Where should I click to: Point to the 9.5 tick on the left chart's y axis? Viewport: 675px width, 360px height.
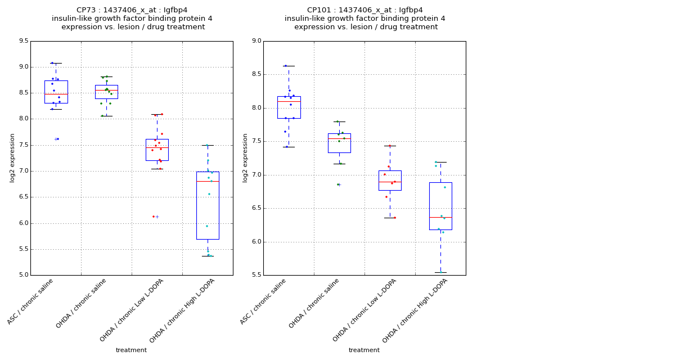tap(24, 41)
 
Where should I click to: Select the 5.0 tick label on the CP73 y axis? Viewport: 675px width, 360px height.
tap(24, 275)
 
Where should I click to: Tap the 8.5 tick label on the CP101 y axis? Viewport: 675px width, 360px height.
tap(256, 74)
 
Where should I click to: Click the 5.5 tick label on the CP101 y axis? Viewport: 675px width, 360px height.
tap(256, 275)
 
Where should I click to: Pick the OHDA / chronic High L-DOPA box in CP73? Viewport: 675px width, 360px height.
tap(208, 205)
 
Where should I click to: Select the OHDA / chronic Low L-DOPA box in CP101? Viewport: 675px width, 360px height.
tap(390, 180)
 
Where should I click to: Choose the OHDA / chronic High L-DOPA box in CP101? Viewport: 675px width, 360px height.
tap(440, 206)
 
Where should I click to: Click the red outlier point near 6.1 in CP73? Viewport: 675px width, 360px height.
tap(153, 217)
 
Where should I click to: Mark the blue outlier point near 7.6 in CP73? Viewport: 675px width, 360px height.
tap(57, 139)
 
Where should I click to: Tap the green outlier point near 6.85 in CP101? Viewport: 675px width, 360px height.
tap(338, 184)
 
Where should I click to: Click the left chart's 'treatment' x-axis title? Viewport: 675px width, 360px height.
tap(131, 350)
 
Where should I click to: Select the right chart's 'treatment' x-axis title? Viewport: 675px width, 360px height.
tap(364, 350)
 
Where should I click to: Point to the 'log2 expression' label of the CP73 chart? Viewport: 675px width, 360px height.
tap(12, 157)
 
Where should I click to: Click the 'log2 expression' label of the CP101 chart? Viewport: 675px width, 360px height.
tap(245, 157)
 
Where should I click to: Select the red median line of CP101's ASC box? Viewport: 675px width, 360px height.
tap(289, 101)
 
